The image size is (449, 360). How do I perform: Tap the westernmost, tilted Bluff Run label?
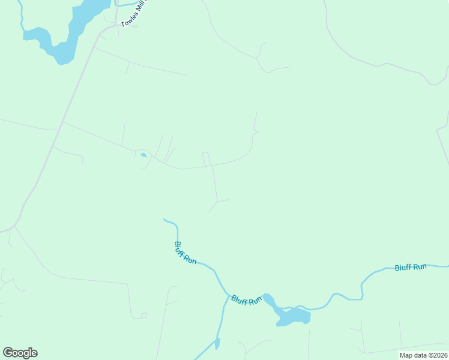click(185, 253)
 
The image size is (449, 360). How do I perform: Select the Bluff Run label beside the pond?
click(247, 299)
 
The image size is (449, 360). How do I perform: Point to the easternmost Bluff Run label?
click(411, 266)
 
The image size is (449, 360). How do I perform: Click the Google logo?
click(20, 353)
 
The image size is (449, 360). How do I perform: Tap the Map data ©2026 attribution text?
click(423, 355)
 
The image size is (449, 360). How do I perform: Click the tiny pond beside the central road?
click(143, 155)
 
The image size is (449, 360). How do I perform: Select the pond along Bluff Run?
click(292, 316)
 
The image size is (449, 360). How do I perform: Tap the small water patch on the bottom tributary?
click(217, 344)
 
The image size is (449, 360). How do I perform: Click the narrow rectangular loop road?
click(206, 159)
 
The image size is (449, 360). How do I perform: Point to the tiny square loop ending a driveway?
click(143, 315)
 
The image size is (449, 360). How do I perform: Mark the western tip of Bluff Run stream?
click(164, 220)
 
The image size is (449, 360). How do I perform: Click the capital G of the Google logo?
click(8, 353)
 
